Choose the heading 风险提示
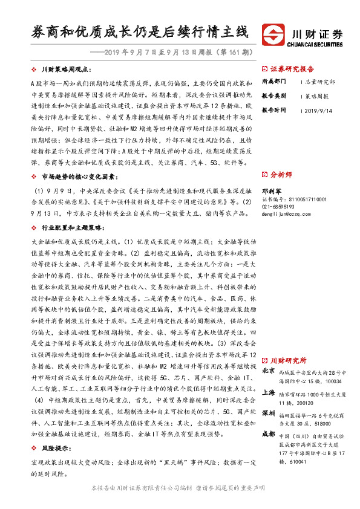click(x=54, y=448)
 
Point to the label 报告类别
click(x=273, y=96)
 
